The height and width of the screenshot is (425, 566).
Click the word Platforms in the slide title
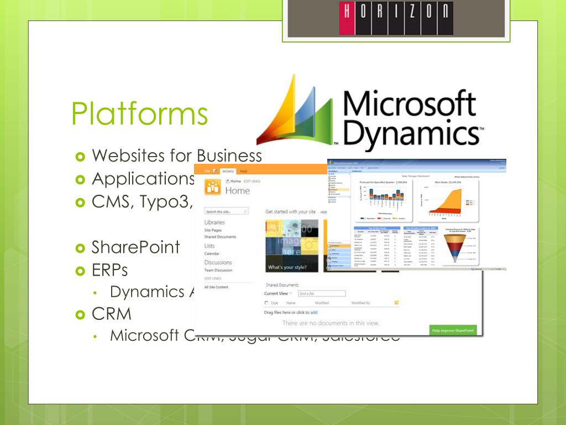click(139, 113)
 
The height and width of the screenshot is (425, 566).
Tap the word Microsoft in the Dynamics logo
click(409, 105)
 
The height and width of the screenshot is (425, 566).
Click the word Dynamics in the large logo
click(409, 133)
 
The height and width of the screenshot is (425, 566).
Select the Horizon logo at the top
click(395, 18)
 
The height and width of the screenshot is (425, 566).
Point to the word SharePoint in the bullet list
click(136, 247)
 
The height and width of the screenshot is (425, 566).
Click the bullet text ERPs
click(110, 270)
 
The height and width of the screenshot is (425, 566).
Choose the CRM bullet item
click(112, 314)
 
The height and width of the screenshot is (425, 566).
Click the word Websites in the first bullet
click(128, 156)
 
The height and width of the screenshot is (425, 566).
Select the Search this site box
click(227, 211)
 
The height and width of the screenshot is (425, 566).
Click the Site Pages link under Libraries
click(213, 230)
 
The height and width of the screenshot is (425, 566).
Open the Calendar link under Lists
click(212, 254)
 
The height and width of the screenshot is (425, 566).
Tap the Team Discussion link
click(218, 270)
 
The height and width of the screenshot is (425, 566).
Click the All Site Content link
click(216, 287)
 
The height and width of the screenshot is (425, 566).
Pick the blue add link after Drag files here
click(314, 313)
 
